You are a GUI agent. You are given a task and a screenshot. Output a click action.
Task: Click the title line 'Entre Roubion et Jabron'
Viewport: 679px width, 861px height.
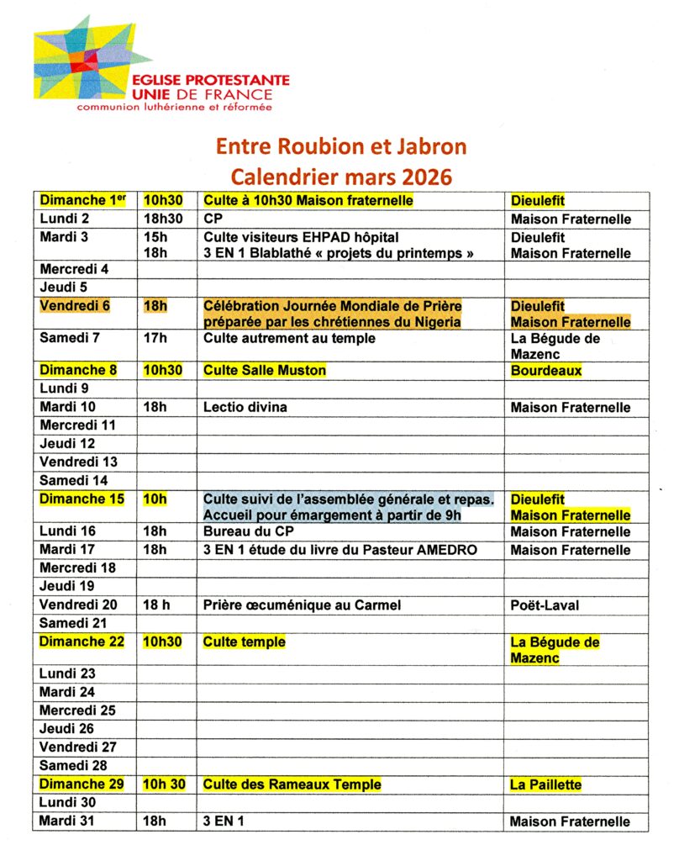click(340, 146)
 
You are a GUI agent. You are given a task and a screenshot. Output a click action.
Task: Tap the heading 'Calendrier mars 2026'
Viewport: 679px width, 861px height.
click(340, 177)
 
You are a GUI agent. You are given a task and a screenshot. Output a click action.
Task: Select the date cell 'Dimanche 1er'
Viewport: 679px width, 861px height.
click(82, 200)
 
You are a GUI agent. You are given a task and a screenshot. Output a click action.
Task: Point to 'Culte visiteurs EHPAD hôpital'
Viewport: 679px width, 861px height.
click(301, 237)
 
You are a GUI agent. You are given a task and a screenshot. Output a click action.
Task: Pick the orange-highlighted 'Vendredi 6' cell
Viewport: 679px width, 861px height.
click(75, 305)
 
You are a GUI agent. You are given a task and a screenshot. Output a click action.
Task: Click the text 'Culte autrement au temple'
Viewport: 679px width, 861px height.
click(289, 338)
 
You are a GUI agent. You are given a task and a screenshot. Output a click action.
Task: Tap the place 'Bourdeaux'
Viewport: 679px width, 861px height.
click(546, 370)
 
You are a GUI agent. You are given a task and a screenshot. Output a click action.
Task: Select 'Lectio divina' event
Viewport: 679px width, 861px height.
click(245, 407)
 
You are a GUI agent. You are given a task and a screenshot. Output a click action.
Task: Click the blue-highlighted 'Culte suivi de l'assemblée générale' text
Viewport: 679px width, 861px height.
click(348, 499)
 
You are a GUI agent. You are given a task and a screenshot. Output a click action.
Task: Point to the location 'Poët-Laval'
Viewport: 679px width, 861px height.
click(545, 605)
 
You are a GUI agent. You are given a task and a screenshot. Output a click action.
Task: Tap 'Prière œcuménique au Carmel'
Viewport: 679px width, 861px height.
click(302, 605)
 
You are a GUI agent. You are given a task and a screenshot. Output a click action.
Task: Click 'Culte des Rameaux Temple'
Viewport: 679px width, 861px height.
click(292, 784)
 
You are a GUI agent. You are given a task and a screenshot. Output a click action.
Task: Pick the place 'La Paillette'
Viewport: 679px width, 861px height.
click(545, 784)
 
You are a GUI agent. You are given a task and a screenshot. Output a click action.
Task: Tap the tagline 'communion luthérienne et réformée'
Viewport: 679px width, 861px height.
click(175, 108)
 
